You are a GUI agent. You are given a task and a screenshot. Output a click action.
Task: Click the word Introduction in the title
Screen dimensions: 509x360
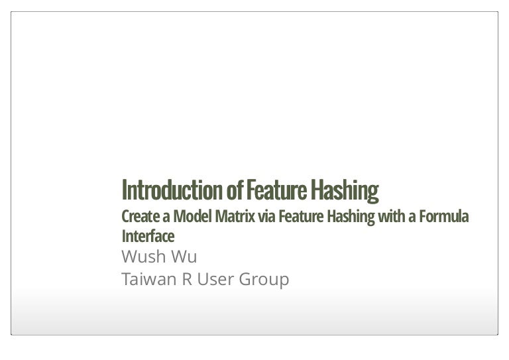tap(172, 190)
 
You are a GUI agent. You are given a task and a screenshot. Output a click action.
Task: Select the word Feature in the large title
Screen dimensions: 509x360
tap(276, 190)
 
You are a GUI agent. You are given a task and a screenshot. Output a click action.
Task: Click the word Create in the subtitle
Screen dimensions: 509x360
tap(141, 217)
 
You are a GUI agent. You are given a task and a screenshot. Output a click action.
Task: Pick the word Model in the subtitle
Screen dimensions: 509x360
tap(192, 217)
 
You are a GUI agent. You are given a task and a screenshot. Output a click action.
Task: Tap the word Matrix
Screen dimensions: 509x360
tap(235, 217)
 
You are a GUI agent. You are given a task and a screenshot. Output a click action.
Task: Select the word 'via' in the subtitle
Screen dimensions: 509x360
tap(267, 217)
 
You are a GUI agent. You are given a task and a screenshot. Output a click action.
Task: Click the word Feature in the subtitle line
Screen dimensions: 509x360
tap(302, 217)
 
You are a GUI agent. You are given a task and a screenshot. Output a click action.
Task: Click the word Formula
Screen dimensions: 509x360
tap(444, 217)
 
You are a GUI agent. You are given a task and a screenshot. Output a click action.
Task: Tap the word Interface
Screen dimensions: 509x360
tap(148, 236)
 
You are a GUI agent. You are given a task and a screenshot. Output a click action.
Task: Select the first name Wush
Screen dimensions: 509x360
tap(144, 257)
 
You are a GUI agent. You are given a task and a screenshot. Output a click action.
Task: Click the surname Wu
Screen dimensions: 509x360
tap(184, 257)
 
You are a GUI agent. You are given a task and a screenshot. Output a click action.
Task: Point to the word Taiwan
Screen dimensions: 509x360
tap(149, 279)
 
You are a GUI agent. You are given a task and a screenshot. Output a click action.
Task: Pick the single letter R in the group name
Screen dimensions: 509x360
tap(187, 279)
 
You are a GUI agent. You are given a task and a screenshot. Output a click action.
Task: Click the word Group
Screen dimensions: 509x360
tap(264, 280)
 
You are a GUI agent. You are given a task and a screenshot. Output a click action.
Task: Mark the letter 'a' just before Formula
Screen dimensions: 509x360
tap(412, 217)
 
